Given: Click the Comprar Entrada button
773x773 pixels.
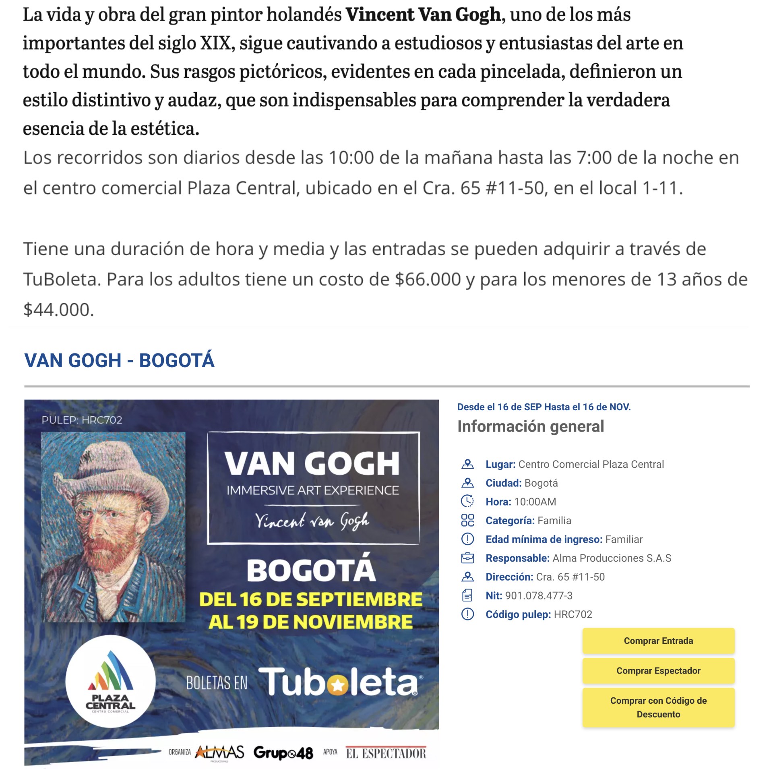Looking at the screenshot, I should point(658,641).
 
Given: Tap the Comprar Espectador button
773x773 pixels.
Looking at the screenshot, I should point(658,670).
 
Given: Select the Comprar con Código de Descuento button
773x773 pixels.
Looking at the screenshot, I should point(658,707).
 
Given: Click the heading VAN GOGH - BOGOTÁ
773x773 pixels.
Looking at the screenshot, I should point(119,360).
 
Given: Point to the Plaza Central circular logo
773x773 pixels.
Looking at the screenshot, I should point(110,681).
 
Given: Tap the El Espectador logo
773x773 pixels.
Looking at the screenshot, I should point(386,753).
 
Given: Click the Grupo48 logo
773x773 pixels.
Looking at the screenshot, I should point(283,753).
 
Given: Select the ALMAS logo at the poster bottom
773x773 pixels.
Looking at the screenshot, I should point(220,752).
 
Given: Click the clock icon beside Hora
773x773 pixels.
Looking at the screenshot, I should point(467,501).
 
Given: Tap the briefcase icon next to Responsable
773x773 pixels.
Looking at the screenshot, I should point(467,558).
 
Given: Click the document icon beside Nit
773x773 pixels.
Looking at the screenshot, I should point(467,595).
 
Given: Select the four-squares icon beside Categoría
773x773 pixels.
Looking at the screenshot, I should point(467,520).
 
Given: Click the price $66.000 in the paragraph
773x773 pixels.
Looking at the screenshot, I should point(428,279).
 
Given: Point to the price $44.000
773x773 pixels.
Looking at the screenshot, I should point(58,310).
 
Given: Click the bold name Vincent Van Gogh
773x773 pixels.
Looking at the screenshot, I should point(423,15).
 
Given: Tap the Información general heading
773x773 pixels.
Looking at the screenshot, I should point(531,426).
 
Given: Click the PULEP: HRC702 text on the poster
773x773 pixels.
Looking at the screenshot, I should point(82,420).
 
